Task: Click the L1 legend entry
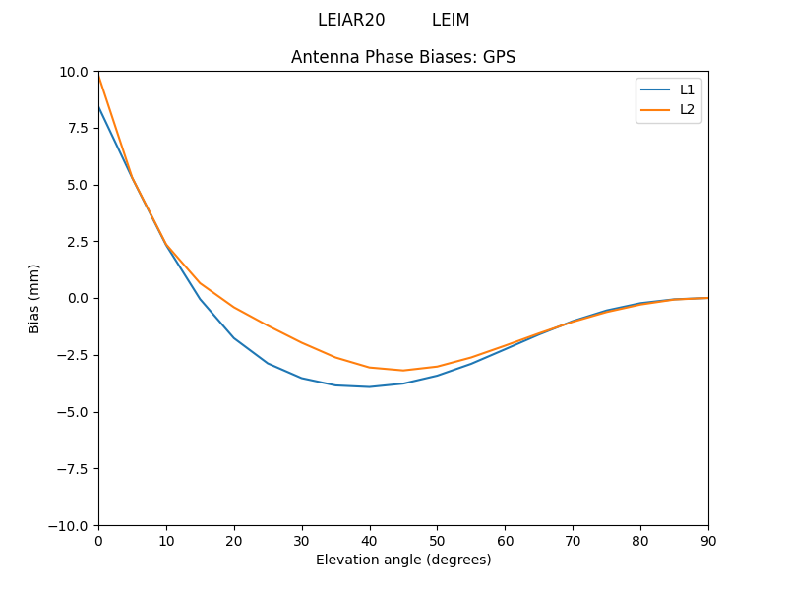(687, 89)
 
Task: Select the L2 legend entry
(687, 109)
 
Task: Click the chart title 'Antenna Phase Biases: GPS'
(403, 57)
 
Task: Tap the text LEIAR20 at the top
(351, 20)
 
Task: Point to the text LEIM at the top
(451, 20)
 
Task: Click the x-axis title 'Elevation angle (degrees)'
(403, 560)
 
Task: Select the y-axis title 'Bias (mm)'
(34, 298)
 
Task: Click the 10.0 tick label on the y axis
(74, 72)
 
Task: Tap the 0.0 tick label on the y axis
(78, 298)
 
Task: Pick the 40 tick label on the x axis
(370, 540)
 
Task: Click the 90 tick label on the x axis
(708, 540)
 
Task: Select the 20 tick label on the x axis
(234, 540)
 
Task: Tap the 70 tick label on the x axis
(573, 540)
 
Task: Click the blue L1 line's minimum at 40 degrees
(370, 386)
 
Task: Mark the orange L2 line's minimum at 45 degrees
(403, 371)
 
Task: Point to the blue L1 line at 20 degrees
(234, 338)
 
